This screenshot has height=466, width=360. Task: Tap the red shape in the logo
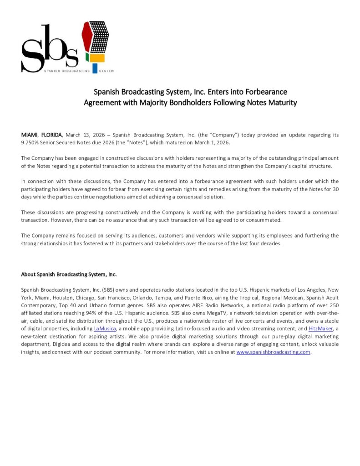coord(85,36)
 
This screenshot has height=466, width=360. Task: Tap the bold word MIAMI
coord(30,135)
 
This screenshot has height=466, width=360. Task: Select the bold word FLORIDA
coord(51,135)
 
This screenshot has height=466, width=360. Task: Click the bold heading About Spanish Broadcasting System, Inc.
coord(69,274)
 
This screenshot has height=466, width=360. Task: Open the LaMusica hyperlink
coord(105,329)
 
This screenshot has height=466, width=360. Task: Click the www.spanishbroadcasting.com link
coord(273,352)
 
